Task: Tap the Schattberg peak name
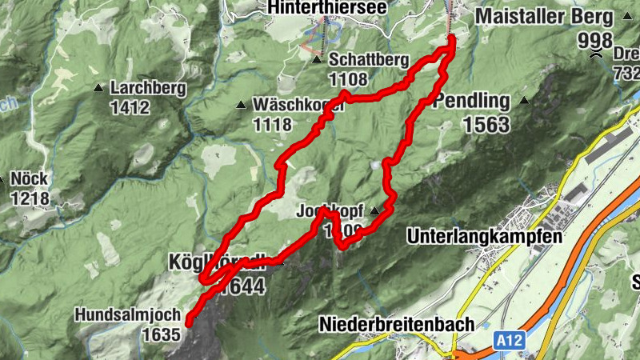click(x=369, y=61)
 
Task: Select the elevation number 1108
click(x=347, y=78)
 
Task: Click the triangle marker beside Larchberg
click(x=98, y=87)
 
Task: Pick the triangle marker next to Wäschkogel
click(x=241, y=105)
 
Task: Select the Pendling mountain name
click(x=471, y=102)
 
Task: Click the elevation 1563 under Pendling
click(x=486, y=124)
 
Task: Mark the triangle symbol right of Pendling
click(x=524, y=101)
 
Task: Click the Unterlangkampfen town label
click(x=484, y=237)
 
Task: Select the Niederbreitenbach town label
click(x=397, y=324)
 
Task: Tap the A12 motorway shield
click(x=501, y=342)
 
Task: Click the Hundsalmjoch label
click(x=128, y=315)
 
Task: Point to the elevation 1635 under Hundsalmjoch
click(x=161, y=334)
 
